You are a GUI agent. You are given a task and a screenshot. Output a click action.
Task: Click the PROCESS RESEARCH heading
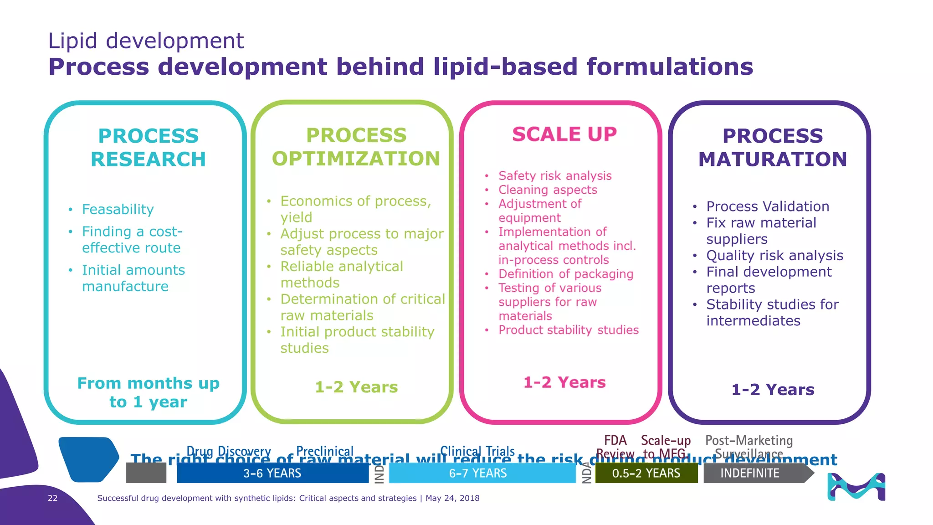tap(148, 148)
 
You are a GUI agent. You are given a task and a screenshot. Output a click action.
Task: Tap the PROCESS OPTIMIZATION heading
tap(356, 147)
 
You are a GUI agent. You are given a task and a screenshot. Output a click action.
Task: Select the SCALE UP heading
tap(564, 134)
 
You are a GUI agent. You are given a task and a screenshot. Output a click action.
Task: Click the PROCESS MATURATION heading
tap(773, 148)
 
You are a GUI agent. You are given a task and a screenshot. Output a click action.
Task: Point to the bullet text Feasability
tap(118, 209)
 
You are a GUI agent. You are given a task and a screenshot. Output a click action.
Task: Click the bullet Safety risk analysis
tap(554, 176)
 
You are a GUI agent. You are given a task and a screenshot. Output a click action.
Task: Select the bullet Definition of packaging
tap(565, 274)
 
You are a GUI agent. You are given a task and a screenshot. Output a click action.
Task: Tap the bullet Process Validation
tap(767, 206)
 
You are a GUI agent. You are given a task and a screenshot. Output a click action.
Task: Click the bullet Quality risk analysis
tap(774, 256)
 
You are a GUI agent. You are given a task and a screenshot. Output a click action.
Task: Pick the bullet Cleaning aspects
tap(547, 190)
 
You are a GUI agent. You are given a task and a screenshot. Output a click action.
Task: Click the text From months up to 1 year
tap(148, 392)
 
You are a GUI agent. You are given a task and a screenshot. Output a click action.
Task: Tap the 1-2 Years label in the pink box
tap(564, 382)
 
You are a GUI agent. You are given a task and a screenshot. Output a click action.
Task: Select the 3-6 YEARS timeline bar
tap(272, 474)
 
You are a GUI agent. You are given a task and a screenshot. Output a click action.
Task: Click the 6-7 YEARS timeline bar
tap(478, 474)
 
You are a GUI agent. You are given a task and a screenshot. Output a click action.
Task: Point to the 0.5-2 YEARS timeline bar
tap(646, 474)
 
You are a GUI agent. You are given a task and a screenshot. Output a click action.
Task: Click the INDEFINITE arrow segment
tap(750, 474)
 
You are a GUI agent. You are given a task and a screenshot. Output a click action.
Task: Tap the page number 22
tap(53, 498)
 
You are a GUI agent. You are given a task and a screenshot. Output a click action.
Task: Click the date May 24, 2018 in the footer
tap(452, 498)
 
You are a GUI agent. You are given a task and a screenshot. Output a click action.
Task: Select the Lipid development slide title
tap(146, 41)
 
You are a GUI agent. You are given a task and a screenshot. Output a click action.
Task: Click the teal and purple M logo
tap(856, 487)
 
